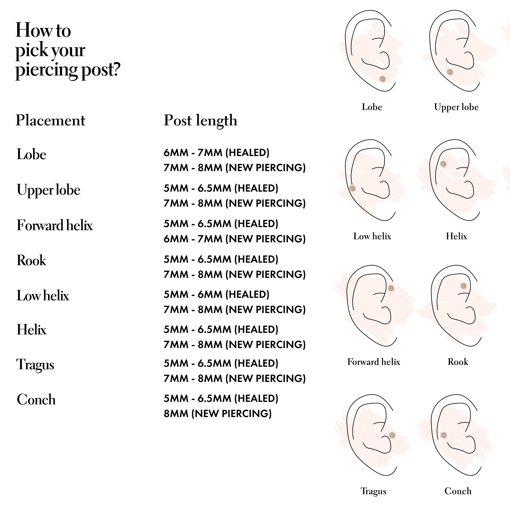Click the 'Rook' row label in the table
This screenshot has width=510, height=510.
tap(31, 261)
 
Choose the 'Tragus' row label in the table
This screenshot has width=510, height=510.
tap(35, 365)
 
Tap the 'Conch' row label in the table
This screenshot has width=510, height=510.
tap(36, 400)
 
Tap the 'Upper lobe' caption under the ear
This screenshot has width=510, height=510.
tap(456, 107)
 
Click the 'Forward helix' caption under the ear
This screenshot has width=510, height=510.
tap(373, 362)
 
